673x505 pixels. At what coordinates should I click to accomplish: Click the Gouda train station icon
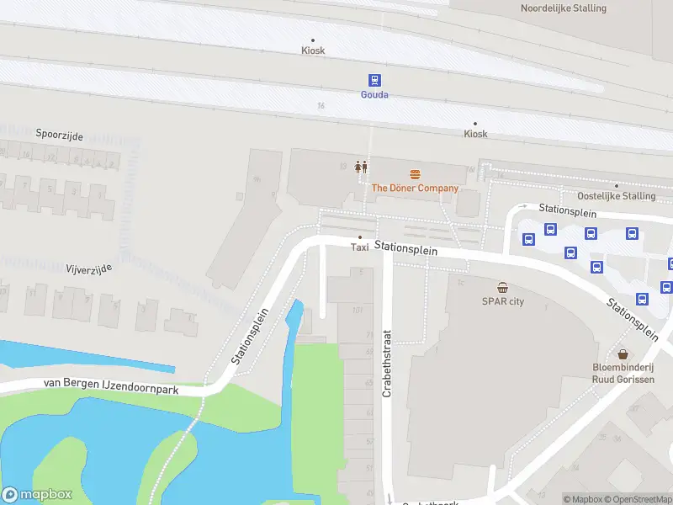pyautogui.click(x=374, y=80)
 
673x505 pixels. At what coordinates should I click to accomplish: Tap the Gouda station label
pyautogui.click(x=374, y=95)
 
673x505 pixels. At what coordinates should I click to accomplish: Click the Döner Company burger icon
pyautogui.click(x=415, y=174)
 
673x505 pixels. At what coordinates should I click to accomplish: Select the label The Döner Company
pyautogui.click(x=415, y=189)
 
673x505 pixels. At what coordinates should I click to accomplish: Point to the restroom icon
pyautogui.click(x=361, y=167)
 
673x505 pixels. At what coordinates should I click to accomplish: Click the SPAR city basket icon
pyautogui.click(x=502, y=288)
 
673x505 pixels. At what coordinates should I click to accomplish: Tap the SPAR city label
pyautogui.click(x=502, y=301)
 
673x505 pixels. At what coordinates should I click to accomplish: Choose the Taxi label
pyautogui.click(x=360, y=247)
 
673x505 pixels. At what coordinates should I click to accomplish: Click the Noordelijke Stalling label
pyautogui.click(x=563, y=8)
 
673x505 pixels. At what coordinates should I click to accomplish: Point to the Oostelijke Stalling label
pyautogui.click(x=616, y=196)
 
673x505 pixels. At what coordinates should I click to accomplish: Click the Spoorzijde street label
pyautogui.click(x=59, y=135)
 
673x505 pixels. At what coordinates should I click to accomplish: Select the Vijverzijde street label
pyautogui.click(x=88, y=269)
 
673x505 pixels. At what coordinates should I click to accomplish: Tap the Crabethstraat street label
pyautogui.click(x=388, y=363)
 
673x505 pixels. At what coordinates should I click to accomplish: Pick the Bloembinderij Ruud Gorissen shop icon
pyautogui.click(x=623, y=354)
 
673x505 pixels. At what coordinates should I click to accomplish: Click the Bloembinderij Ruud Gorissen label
pyautogui.click(x=623, y=374)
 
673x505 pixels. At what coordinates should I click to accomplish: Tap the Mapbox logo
pyautogui.click(x=37, y=495)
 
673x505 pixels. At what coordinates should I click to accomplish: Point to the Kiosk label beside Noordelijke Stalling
pyautogui.click(x=313, y=50)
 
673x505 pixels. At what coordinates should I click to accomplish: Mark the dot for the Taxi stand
pyautogui.click(x=360, y=237)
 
